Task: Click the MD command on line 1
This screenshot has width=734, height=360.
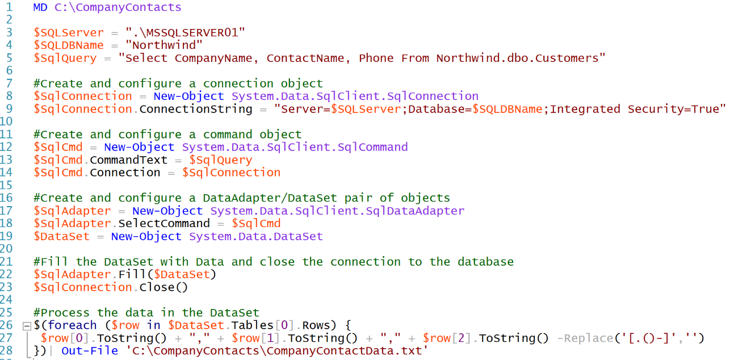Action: click(40, 7)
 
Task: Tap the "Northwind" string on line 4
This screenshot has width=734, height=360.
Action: click(164, 45)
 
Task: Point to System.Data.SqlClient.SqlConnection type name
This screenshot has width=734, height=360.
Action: click(355, 96)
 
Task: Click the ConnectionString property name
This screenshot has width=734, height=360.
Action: click(196, 109)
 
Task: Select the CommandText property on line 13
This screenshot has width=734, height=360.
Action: click(129, 160)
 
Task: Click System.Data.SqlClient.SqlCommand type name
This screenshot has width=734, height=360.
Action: click(295, 147)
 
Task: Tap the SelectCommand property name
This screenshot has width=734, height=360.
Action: click(164, 223)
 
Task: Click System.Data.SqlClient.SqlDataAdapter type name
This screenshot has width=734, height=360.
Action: click(337, 211)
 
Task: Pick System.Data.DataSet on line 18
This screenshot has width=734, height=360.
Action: click(255, 236)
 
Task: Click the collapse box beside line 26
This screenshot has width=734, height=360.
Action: click(26, 326)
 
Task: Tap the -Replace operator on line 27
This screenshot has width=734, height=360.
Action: click(583, 338)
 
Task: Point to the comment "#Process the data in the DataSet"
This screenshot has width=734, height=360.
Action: click(146, 313)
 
